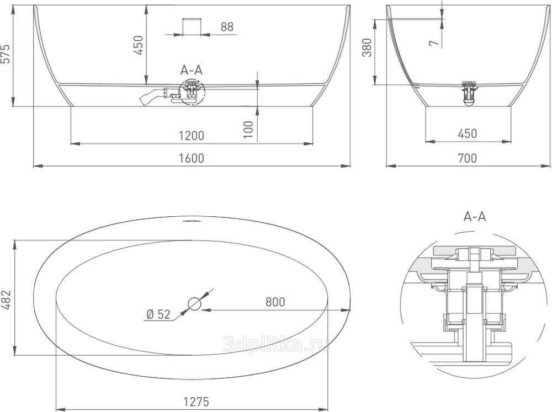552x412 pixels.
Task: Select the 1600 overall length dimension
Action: (x=192, y=158)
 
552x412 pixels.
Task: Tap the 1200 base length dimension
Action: (x=192, y=136)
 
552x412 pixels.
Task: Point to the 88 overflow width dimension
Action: (x=227, y=26)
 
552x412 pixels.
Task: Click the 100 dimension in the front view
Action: (x=248, y=130)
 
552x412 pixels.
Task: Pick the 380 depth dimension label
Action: (x=367, y=47)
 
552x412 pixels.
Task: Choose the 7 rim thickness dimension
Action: (x=435, y=43)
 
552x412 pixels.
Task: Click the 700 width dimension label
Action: (x=468, y=158)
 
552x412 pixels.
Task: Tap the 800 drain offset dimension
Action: (x=275, y=302)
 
